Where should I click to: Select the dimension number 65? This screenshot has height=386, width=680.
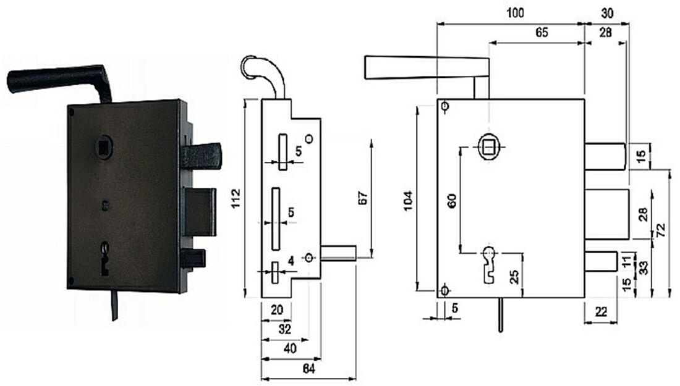pyautogui.click(x=542, y=33)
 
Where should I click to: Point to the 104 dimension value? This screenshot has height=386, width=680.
pyautogui.click(x=408, y=201)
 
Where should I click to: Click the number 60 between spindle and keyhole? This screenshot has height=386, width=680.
pyautogui.click(x=451, y=201)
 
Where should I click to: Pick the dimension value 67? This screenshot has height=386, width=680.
pyautogui.click(x=363, y=198)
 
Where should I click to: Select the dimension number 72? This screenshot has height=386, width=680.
pyautogui.click(x=661, y=232)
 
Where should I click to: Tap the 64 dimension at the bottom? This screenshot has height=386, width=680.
pyautogui.click(x=309, y=369)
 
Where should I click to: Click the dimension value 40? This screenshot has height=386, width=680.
pyautogui.click(x=290, y=349)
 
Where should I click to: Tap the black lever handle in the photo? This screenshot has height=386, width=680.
pyautogui.click(x=56, y=79)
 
